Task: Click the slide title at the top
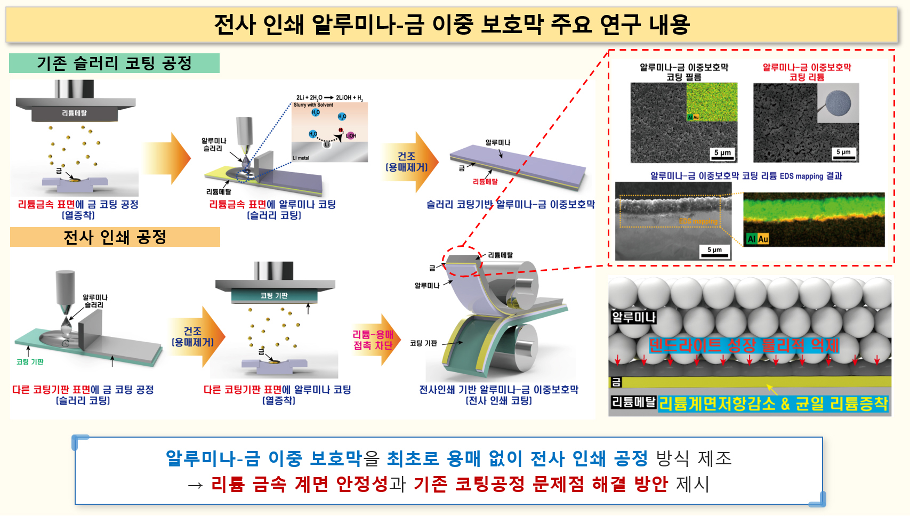pyautogui.click(x=452, y=25)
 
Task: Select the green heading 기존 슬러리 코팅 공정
pyautogui.click(x=114, y=63)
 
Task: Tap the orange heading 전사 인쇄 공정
pyautogui.click(x=115, y=237)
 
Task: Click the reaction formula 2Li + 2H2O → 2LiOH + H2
pyautogui.click(x=329, y=98)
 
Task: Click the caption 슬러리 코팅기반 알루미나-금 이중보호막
pyautogui.click(x=510, y=204)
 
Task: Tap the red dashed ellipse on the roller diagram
pyautogui.click(x=462, y=261)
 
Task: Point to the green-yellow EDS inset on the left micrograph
pyautogui.click(x=712, y=101)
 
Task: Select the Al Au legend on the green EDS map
pyautogui.click(x=758, y=239)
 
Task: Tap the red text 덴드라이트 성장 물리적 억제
pyautogui.click(x=744, y=345)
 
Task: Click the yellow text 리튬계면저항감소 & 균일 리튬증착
pyautogui.click(x=774, y=404)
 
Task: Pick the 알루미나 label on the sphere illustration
pyautogui.click(x=633, y=317)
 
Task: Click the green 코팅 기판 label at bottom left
pyautogui.click(x=30, y=362)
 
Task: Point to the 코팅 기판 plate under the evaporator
pyautogui.click(x=274, y=295)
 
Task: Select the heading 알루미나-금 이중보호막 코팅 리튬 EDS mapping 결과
pyautogui.click(x=746, y=176)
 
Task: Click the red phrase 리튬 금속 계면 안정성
pyautogui.click(x=299, y=483)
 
